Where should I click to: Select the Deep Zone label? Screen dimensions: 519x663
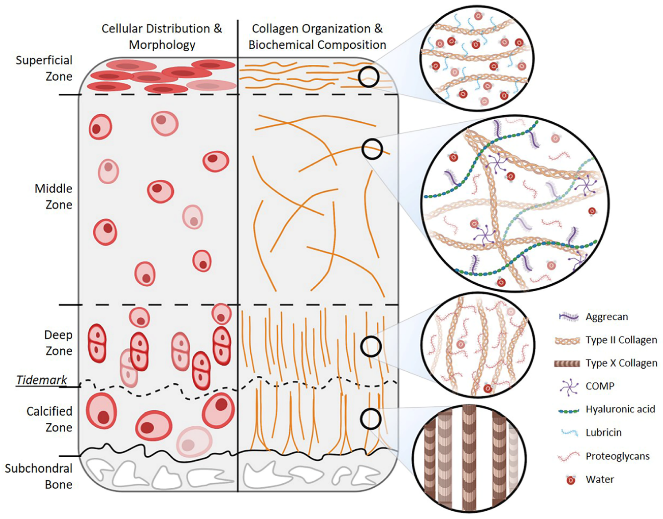pos(58,343)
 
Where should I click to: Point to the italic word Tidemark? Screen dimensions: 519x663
pos(42,380)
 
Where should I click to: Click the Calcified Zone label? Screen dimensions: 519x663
pos(50,419)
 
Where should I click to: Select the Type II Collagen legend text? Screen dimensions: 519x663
pos(621,340)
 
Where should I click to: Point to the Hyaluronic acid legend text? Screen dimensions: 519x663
pos(620,409)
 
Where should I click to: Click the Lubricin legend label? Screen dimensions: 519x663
pos(603,432)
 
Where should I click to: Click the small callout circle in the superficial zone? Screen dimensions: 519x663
pos(368,77)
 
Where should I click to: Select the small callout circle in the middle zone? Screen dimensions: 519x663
pos(372,149)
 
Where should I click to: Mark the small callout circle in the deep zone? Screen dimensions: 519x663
pos(371,346)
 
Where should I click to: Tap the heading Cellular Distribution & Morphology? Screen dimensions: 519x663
pos(162,37)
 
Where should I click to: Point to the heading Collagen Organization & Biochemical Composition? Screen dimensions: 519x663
pos(317,37)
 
